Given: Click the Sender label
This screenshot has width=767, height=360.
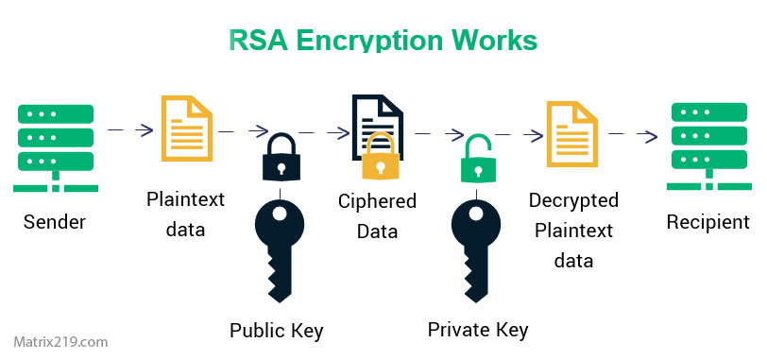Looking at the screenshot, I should (x=55, y=224).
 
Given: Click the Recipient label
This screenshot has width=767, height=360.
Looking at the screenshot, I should (x=707, y=223).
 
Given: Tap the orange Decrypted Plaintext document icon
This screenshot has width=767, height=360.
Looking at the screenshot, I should (x=572, y=130).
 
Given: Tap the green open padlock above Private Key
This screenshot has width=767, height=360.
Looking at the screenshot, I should (x=479, y=159).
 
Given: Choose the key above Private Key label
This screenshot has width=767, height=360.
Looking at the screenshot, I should (x=477, y=248).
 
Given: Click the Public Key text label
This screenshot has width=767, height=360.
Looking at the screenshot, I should (x=277, y=331).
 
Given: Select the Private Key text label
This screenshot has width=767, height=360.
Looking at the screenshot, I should (x=477, y=330).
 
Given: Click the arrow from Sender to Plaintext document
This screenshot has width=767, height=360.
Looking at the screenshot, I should (x=131, y=130).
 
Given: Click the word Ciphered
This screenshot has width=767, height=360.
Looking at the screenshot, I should (x=378, y=201).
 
